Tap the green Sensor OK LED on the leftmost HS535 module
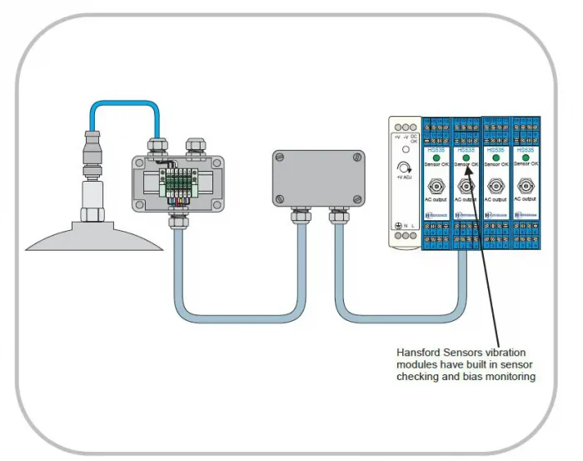coord(436,157)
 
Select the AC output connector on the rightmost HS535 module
coord(526,185)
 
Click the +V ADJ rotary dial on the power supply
coord(405,170)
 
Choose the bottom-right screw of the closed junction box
coord(357,199)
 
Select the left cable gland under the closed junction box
coord(296,218)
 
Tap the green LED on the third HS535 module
coord(496,157)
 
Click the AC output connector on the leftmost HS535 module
coord(436,185)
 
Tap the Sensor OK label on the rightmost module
coord(526,165)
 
